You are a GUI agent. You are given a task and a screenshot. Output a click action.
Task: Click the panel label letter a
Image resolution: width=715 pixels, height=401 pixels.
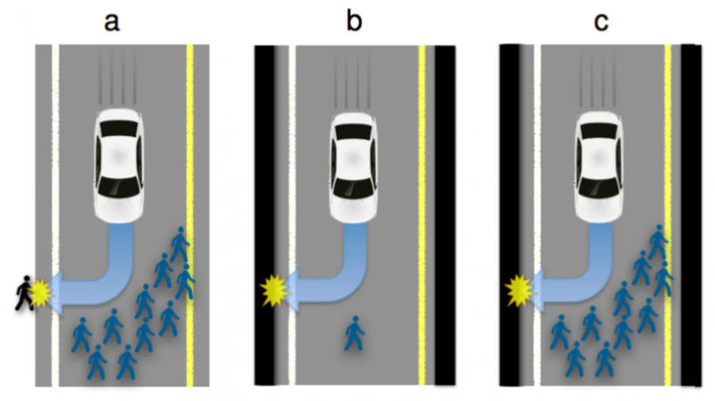112,21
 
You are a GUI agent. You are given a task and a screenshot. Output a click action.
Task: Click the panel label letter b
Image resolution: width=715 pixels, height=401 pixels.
356,21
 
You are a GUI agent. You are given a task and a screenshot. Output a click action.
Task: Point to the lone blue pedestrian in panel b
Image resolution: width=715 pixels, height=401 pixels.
355,333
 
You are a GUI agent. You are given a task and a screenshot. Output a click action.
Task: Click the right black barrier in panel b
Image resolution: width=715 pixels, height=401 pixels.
445,215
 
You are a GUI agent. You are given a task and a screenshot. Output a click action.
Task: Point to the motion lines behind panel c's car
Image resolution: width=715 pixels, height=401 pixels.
598,76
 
